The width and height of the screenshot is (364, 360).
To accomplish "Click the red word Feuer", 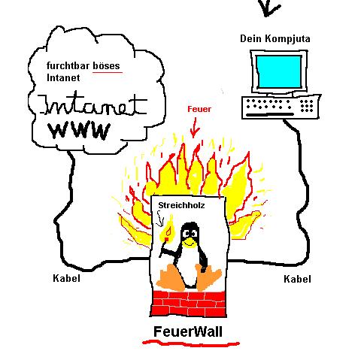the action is pyautogui.click(x=199, y=109).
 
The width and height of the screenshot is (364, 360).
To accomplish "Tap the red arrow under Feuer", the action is pyautogui.click(x=194, y=128).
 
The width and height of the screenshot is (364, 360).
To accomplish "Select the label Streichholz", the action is pyautogui.click(x=181, y=205).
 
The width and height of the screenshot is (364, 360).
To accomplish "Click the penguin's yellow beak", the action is pyautogui.click(x=189, y=242).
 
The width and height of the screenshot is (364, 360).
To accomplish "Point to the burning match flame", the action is pyautogui.click(x=168, y=228).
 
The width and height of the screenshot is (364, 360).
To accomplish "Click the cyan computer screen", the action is pyautogui.click(x=279, y=71).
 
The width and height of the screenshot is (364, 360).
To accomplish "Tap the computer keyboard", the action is pyautogui.click(x=281, y=107).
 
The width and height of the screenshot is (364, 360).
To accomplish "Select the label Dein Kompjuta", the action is pyautogui.click(x=275, y=39).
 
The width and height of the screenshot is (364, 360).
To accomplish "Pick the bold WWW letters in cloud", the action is pyautogui.click(x=80, y=131).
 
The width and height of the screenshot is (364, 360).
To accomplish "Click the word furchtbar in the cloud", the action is pyautogui.click(x=68, y=66).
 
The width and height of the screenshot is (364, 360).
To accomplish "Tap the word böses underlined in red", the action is pyautogui.click(x=107, y=66).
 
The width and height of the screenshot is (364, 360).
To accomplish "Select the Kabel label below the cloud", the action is pyautogui.click(x=67, y=278).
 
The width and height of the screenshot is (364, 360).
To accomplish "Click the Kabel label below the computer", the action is pyautogui.click(x=297, y=279).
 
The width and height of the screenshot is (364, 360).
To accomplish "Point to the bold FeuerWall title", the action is pyautogui.click(x=188, y=331).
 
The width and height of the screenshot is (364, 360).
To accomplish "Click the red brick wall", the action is pyautogui.click(x=188, y=304).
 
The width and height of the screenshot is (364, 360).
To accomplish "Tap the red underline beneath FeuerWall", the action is pyautogui.click(x=190, y=343).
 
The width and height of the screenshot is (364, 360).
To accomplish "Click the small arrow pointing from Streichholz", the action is pyautogui.click(x=160, y=219).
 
